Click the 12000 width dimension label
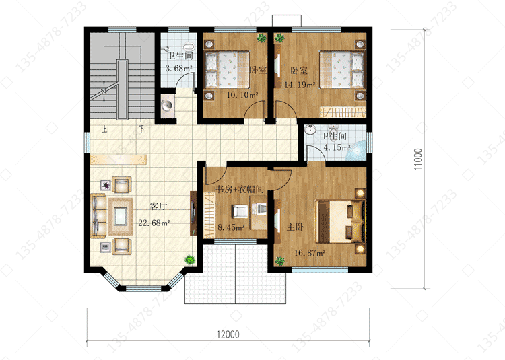(x=228, y=334)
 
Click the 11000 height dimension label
(x=418, y=159)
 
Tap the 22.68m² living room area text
(x=154, y=223)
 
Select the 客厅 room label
(x=159, y=206)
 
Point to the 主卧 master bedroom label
(x=295, y=227)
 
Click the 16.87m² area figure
(x=310, y=253)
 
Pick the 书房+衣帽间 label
(x=240, y=189)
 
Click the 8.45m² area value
(x=231, y=227)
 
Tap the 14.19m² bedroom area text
(x=300, y=85)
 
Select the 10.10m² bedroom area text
(x=242, y=95)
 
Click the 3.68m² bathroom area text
(x=178, y=68)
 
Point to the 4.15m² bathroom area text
(x=337, y=147)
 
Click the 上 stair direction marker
(x=104, y=129)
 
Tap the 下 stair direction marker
(x=141, y=129)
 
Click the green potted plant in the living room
(x=190, y=259)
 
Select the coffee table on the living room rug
(x=121, y=216)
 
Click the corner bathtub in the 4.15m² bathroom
(x=358, y=150)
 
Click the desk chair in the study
(x=240, y=211)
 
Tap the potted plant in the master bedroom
(x=280, y=261)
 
